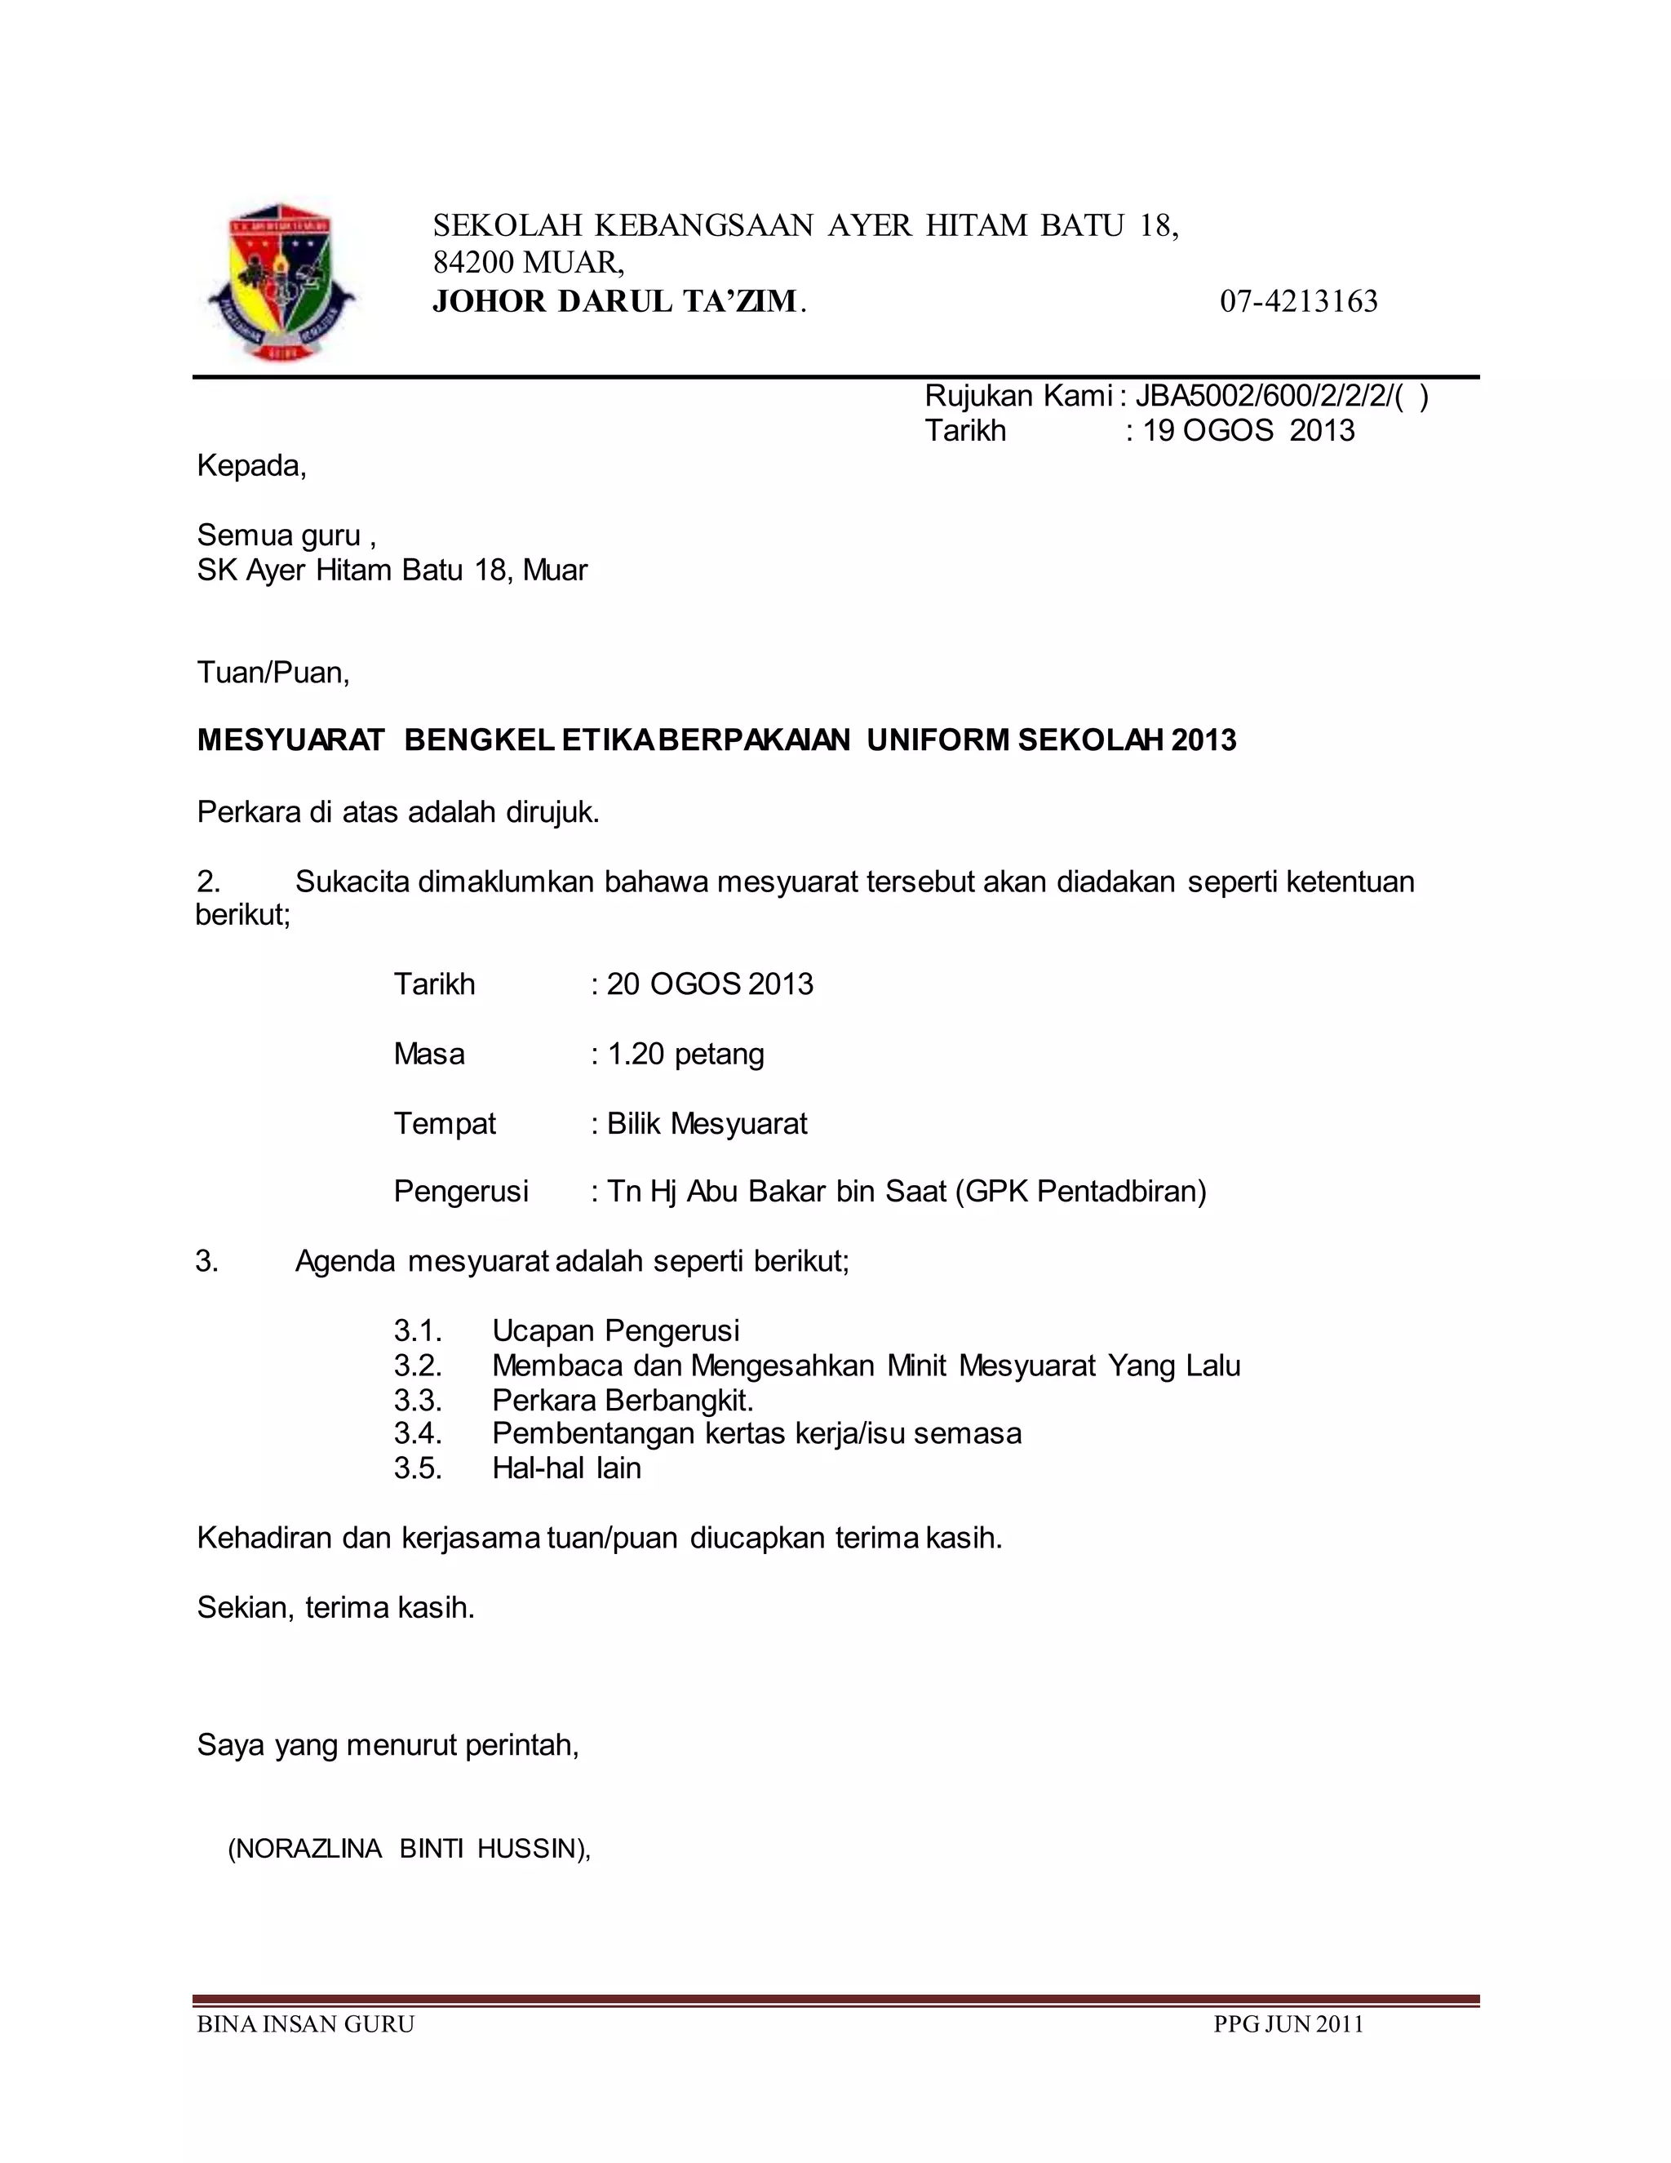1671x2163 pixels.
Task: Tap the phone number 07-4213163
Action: coord(1298,301)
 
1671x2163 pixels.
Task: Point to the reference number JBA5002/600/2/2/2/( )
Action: coord(1281,396)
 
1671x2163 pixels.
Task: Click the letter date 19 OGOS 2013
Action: coord(1248,431)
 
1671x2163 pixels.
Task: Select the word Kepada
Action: coord(251,465)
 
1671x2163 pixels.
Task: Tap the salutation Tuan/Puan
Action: coord(273,673)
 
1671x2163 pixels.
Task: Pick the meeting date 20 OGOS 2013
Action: coord(710,984)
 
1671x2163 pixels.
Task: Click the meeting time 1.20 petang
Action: coord(685,1054)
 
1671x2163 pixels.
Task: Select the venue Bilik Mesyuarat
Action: coord(707,1124)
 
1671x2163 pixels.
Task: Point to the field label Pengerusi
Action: coord(461,1192)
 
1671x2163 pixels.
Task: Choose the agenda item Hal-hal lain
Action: coord(566,1468)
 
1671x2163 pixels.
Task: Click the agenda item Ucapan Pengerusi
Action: coord(616,1331)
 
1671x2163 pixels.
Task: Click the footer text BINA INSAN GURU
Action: coord(305,2024)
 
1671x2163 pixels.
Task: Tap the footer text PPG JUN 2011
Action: coord(1289,2024)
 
